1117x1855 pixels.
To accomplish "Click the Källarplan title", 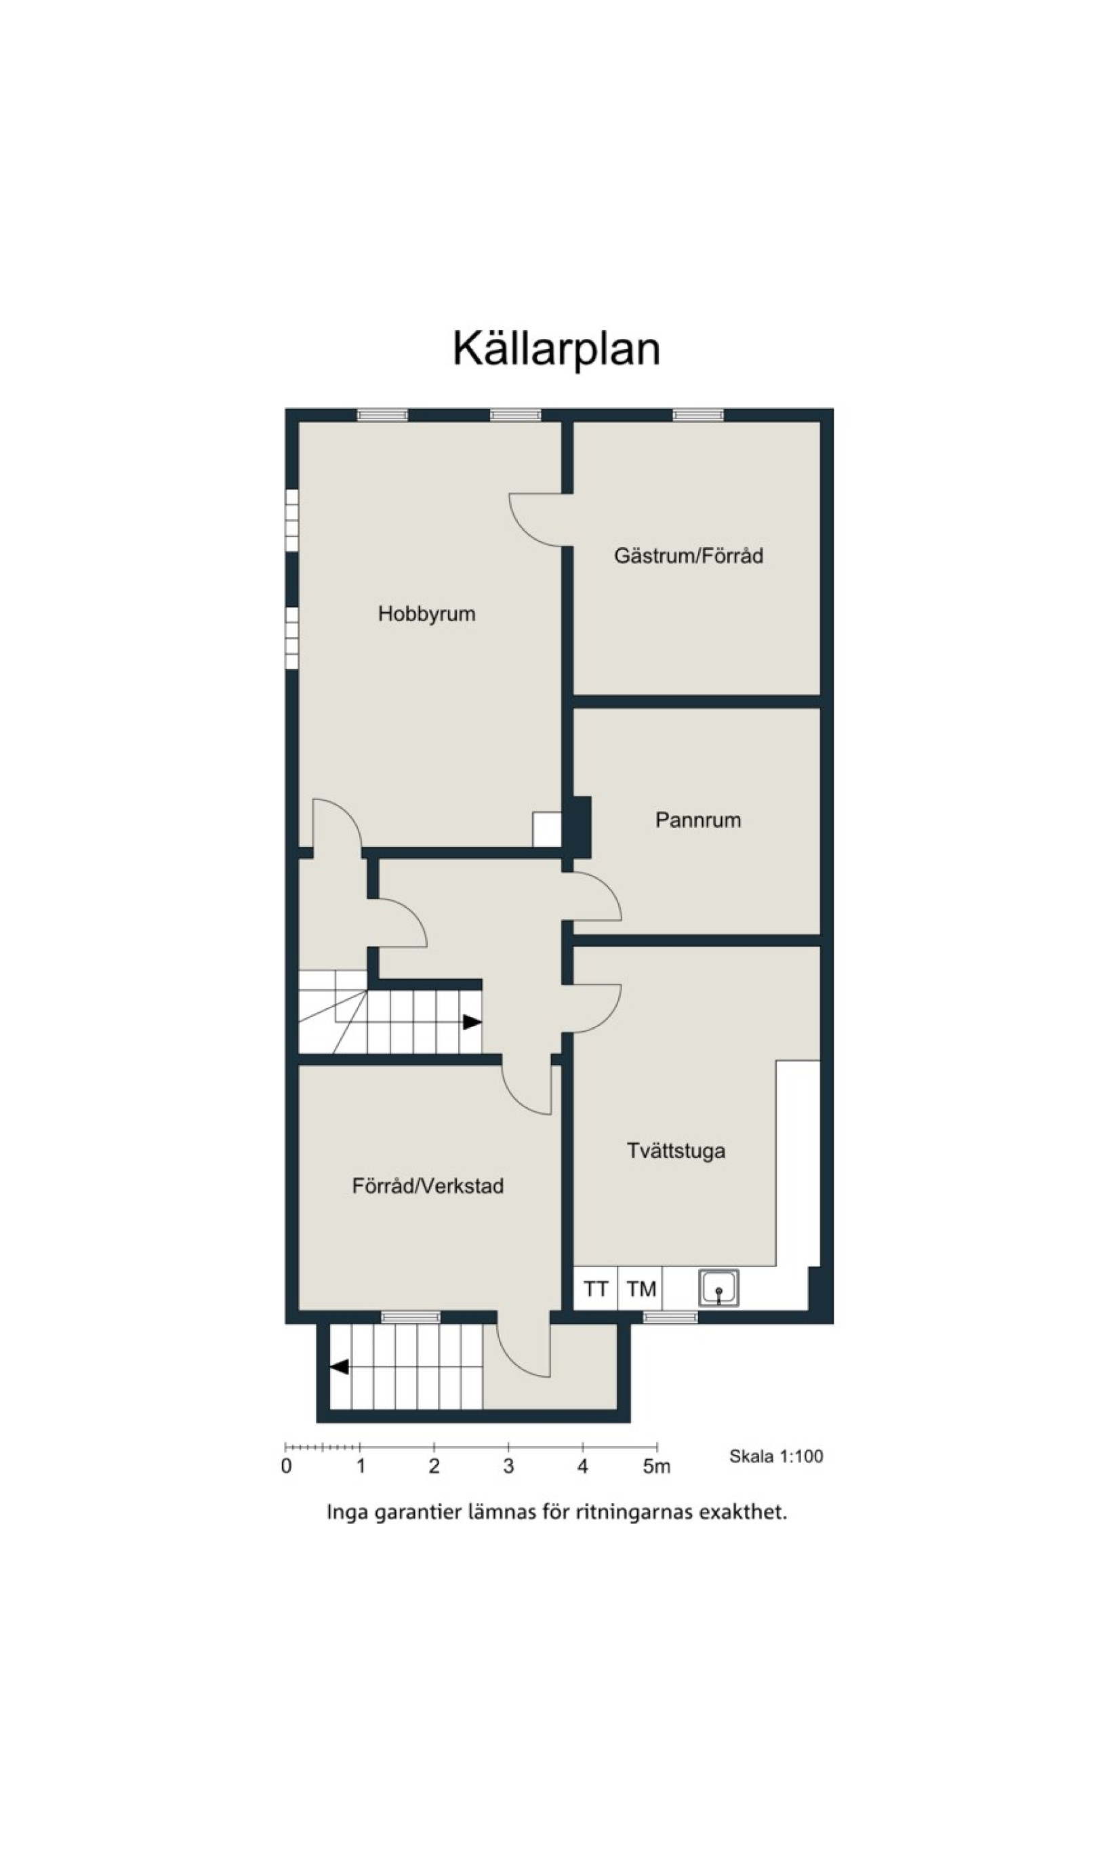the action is point(556,348).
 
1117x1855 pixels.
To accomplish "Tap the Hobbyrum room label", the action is point(427,614).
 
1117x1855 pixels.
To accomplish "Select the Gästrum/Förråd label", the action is point(689,555).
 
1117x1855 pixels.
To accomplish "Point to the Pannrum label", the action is point(697,820).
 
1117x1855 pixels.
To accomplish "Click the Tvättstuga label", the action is point(676,1151).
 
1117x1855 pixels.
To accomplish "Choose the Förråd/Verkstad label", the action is point(428,1186).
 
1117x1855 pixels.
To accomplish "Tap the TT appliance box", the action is point(595,1289).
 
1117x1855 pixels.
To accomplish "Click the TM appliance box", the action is point(641,1289).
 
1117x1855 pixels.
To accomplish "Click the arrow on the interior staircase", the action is point(472,1022).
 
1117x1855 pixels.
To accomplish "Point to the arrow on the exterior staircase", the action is point(340,1366).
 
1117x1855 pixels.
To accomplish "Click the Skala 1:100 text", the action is point(776,1457).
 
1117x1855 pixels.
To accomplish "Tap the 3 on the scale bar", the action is point(509,1467).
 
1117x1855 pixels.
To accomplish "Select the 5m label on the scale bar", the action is point(656,1467).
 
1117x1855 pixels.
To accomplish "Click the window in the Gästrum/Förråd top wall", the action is point(697,415).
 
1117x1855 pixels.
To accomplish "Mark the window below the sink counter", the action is point(670,1317).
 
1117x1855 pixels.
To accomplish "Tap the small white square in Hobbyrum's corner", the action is point(547,829).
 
